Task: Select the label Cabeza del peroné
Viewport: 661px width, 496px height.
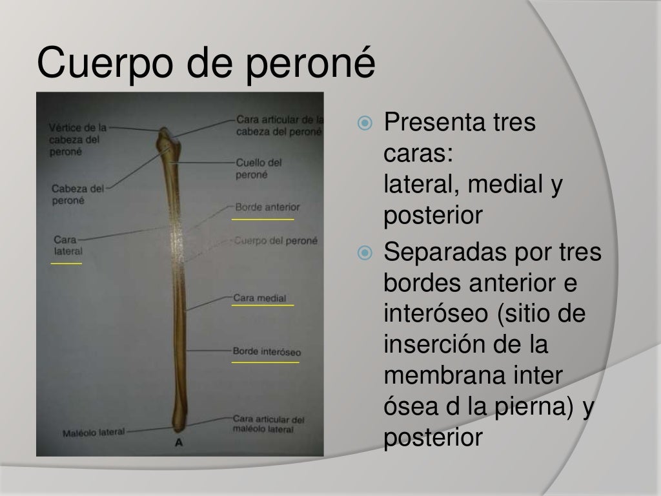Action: pyautogui.click(x=77, y=194)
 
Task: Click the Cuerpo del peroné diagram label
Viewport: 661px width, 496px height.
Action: pyautogui.click(x=276, y=242)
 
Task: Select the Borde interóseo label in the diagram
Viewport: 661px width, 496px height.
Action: pyautogui.click(x=267, y=353)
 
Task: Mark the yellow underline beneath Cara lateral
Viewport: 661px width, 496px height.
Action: pyautogui.click(x=66, y=263)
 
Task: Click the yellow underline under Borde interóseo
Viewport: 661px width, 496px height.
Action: pyautogui.click(x=265, y=363)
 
